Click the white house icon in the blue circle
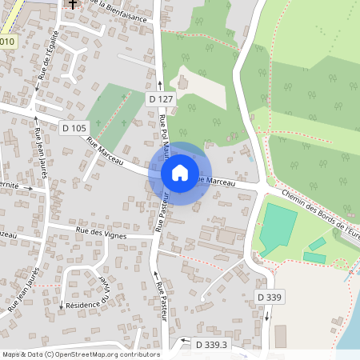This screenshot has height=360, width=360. (x=180, y=173)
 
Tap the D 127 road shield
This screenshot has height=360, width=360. (x=161, y=98)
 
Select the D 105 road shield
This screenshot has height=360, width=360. (x=74, y=127)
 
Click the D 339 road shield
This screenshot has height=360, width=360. (x=270, y=297)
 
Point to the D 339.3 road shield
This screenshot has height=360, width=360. (x=211, y=345)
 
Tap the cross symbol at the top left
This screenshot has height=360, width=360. (x=73, y=4)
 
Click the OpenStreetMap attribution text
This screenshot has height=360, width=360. (x=80, y=354)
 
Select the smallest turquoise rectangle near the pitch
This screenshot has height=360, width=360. (x=318, y=243)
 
